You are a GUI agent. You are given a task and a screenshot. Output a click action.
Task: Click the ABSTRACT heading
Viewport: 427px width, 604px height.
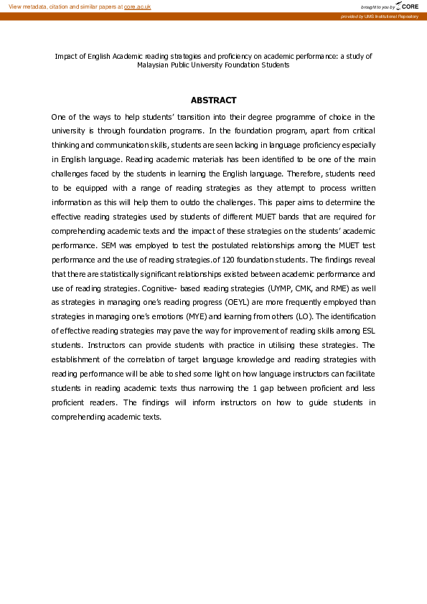coord(213,100)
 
